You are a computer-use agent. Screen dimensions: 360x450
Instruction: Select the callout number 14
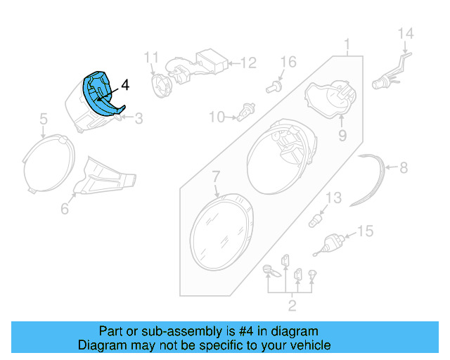coord(406,33)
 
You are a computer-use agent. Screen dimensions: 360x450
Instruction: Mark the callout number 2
coord(292,304)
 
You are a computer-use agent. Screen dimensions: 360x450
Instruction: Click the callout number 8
coord(403,168)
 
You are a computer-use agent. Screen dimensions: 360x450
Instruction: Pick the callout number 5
coord(43,120)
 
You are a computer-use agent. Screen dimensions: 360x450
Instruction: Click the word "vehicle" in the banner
coord(309,345)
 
